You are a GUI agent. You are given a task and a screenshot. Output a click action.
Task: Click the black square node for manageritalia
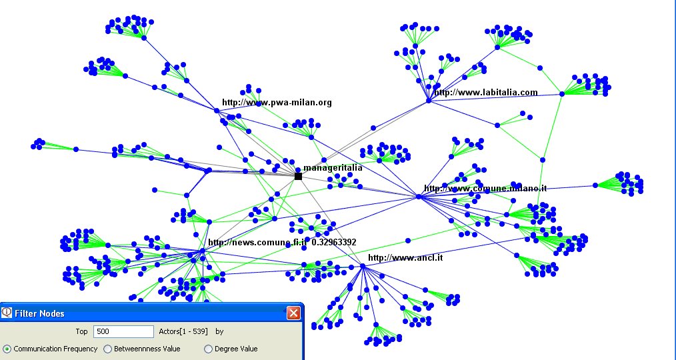point(298,176)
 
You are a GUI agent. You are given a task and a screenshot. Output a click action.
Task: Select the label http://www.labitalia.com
point(486,93)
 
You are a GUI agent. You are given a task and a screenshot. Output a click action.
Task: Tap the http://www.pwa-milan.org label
point(277,103)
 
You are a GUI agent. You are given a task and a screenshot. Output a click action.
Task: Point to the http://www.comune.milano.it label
point(485,189)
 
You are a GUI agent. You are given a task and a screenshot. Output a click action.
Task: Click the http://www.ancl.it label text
point(405,257)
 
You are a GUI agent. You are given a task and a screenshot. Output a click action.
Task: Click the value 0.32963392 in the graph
point(334,243)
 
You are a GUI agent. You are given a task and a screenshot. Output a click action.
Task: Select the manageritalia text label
point(333,168)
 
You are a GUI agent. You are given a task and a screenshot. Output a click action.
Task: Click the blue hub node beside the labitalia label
point(429,101)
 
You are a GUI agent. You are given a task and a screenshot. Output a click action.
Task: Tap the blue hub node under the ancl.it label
point(362,267)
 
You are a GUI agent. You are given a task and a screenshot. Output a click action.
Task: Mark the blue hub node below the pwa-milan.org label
point(217,111)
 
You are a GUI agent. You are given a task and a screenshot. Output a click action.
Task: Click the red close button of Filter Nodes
point(293,313)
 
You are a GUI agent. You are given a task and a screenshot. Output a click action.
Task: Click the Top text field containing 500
point(123,331)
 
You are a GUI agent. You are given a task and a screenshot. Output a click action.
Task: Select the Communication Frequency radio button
point(7,349)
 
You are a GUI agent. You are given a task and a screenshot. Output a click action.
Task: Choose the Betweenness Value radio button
point(108,349)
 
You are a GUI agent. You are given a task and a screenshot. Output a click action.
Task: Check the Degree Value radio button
point(208,349)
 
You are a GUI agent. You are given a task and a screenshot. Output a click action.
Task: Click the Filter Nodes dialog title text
point(39,313)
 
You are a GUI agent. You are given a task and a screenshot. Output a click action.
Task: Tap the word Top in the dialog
point(81,331)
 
